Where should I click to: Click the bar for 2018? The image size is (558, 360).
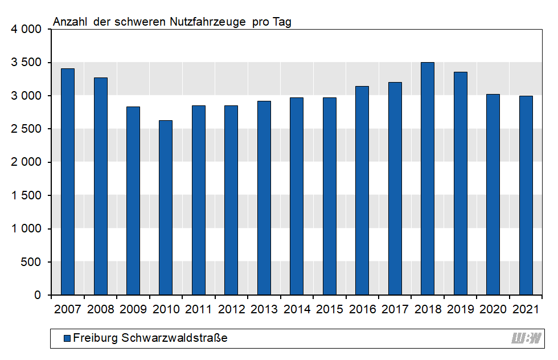[x=428, y=179]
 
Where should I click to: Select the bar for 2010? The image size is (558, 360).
[x=166, y=208]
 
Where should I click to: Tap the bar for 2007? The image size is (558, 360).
[x=68, y=182]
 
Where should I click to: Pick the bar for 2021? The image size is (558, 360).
[x=526, y=195]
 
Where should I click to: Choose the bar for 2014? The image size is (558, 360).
[x=297, y=197]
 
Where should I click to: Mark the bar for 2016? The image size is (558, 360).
[x=362, y=191]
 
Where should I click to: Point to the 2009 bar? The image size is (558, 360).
[x=133, y=201]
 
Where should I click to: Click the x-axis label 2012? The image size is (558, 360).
[x=231, y=309]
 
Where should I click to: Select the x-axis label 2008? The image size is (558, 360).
[x=100, y=309]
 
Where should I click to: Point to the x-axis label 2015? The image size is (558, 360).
[x=329, y=309]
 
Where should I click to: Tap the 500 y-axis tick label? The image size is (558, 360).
[x=32, y=262]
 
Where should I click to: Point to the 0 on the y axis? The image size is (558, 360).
[x=38, y=295]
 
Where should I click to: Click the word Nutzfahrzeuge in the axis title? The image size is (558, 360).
[x=209, y=22]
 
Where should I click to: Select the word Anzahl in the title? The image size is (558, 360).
[x=70, y=22]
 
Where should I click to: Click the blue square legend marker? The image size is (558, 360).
[x=67, y=338]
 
